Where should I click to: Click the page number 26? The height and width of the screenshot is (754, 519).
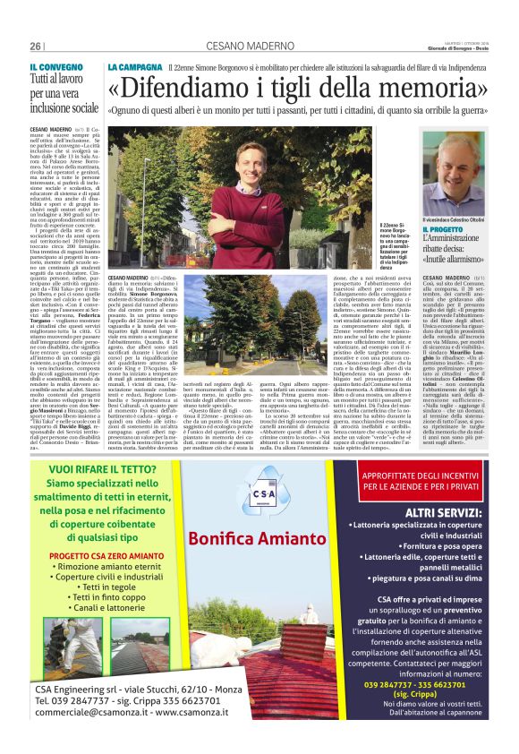coord(36,47)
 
